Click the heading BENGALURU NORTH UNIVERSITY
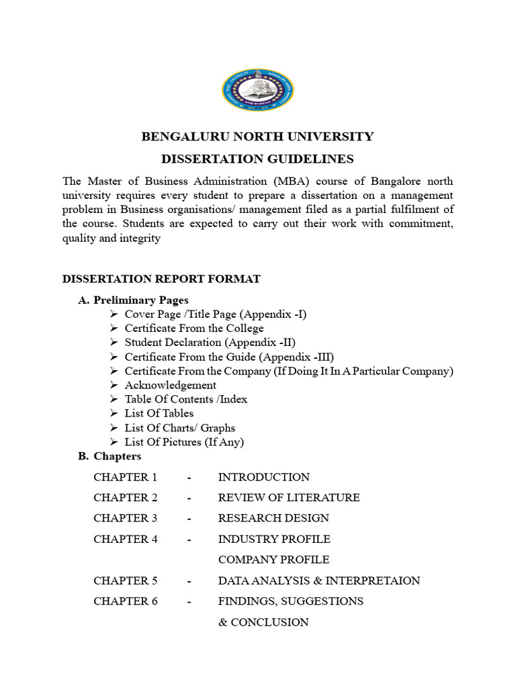(x=257, y=137)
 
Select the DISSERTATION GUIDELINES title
(x=257, y=159)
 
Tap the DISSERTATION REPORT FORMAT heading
(x=161, y=279)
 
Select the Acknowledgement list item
(x=171, y=385)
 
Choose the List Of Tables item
(x=159, y=413)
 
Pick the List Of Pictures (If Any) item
(x=184, y=441)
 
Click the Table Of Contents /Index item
(x=186, y=399)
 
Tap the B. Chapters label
(x=110, y=456)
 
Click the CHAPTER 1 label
(x=126, y=478)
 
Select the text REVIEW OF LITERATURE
(x=289, y=498)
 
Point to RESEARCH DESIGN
(x=273, y=518)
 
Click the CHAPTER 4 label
(x=126, y=539)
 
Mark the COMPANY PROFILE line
(x=273, y=560)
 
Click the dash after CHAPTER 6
(x=190, y=601)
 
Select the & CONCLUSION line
(x=263, y=622)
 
